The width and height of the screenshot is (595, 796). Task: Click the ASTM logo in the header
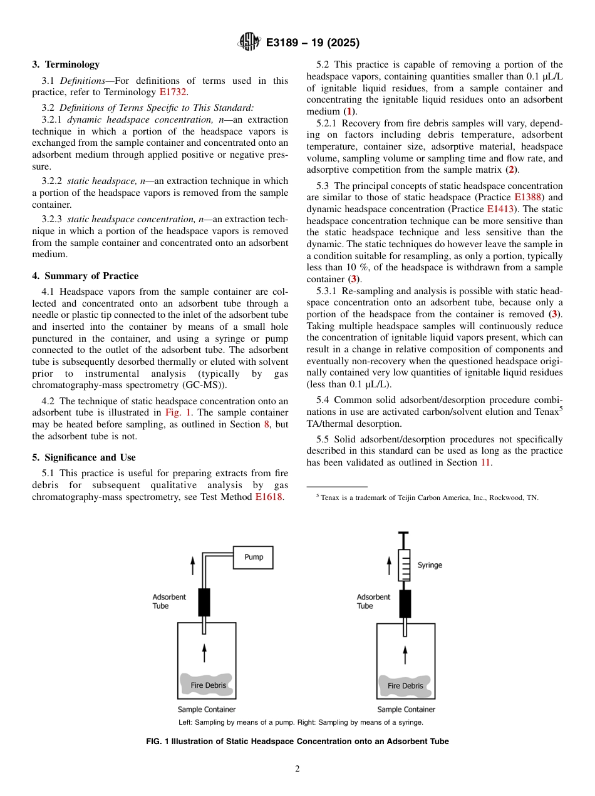249,43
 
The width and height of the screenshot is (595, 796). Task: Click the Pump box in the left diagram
253,557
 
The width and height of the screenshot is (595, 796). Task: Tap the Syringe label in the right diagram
430,565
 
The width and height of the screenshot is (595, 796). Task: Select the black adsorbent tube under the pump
204,602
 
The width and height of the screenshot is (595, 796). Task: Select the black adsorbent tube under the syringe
405,604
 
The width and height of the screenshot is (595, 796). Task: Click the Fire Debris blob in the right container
405,685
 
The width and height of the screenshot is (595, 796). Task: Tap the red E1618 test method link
269,497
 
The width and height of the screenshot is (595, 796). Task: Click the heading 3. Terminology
66,64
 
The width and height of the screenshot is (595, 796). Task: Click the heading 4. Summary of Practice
85,276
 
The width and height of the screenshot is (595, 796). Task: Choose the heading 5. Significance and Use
84,457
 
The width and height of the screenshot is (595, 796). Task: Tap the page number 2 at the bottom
297,769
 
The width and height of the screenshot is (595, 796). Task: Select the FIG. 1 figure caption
297,742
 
